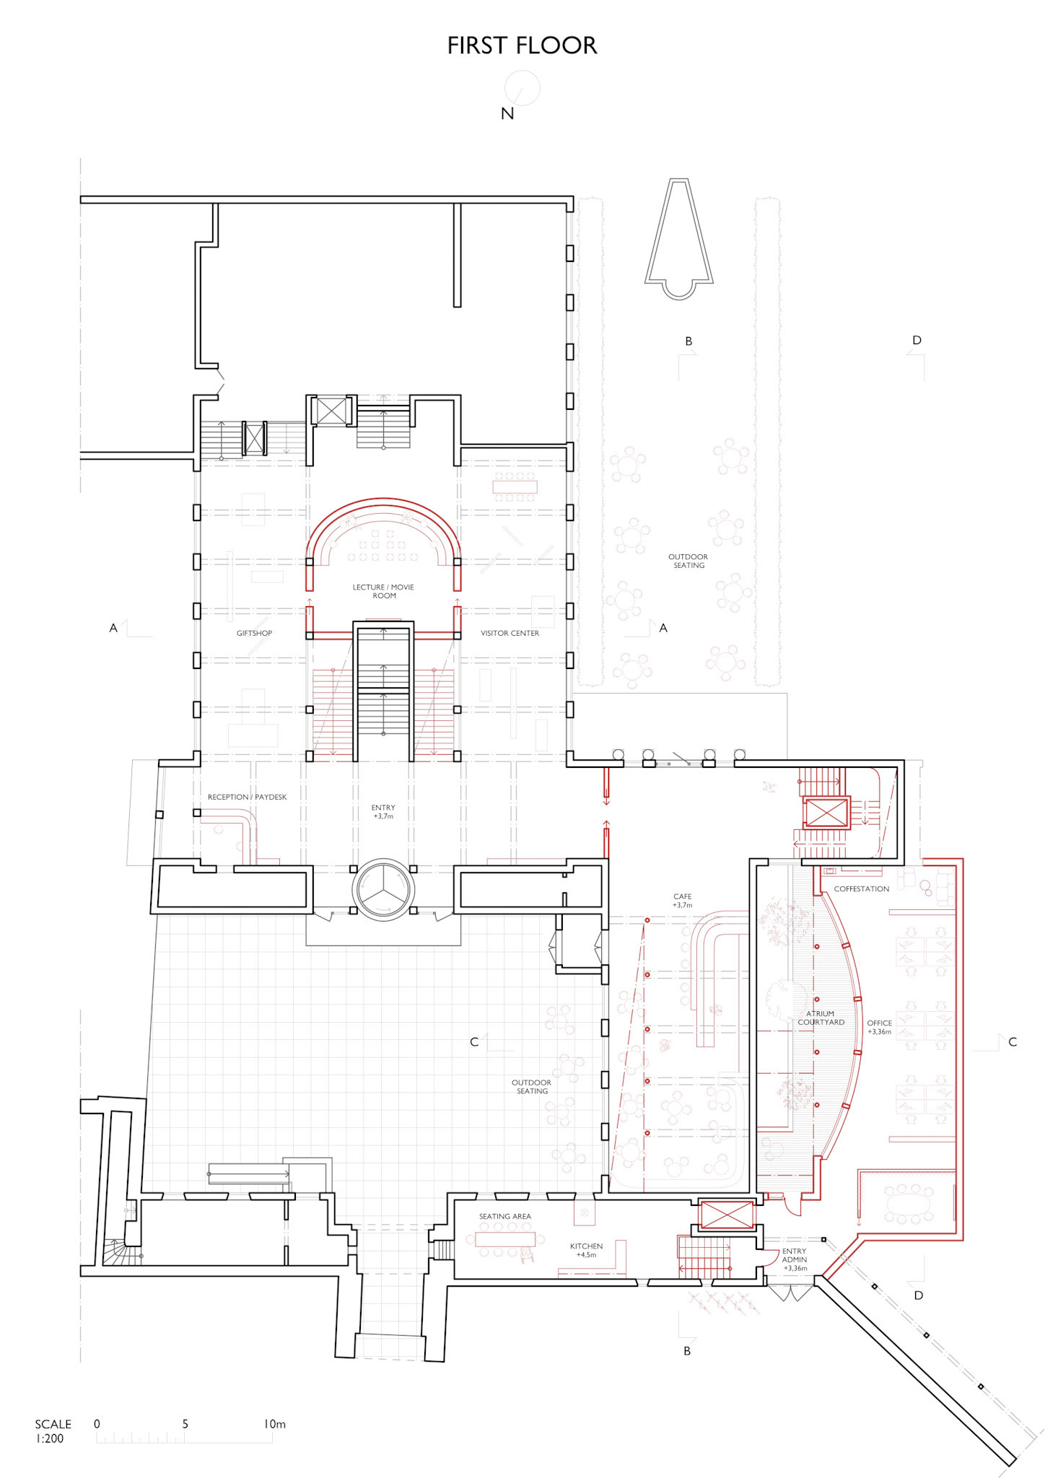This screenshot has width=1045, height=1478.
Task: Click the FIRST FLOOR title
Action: coord(522,45)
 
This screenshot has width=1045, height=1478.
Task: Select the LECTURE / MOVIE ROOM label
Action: coord(383,591)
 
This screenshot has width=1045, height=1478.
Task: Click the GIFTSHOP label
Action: coord(254,633)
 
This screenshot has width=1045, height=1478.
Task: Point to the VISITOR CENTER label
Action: coord(510,633)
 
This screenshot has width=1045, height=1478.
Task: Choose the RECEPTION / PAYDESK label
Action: coord(247,797)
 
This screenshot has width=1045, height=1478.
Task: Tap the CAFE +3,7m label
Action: coord(683,901)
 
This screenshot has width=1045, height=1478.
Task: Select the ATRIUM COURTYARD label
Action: coord(821,1018)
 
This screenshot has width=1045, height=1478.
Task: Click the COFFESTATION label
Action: coord(862,888)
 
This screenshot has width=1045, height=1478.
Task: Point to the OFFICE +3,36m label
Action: coord(880,1027)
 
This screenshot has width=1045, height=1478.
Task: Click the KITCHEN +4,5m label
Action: coord(586,1250)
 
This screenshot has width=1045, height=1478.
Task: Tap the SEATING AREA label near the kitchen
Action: coord(505,1216)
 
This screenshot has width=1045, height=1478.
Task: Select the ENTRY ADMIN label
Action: coord(795,1259)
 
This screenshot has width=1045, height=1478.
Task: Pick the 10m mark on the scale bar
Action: coord(274,1424)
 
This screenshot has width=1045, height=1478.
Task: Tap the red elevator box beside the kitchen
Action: coord(727,1215)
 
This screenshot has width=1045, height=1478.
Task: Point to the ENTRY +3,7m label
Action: coord(383,812)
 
